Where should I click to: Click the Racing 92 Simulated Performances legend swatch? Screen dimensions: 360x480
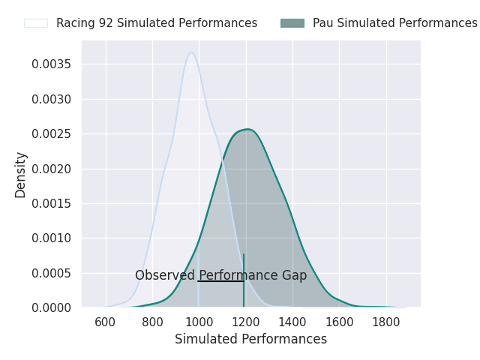pos(36,23)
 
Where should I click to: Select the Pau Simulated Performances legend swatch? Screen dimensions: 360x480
pos(292,23)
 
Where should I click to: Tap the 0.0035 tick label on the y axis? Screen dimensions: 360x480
pos(52,64)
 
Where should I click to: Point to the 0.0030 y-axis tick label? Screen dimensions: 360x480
pos(52,99)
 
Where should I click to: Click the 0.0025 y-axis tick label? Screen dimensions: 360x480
pos(52,134)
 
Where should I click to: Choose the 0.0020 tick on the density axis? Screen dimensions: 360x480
pos(52,169)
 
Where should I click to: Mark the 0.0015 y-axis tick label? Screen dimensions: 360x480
pos(52,203)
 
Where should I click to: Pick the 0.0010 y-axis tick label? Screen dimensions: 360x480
pos(52,238)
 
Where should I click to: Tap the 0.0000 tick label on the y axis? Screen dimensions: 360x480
pos(52,307)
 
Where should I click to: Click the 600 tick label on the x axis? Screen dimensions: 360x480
pos(106,322)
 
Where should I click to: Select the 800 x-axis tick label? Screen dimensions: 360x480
pos(152,322)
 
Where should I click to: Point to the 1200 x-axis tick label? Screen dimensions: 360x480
pos(246,322)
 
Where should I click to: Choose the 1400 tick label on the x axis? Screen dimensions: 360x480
pos(292,322)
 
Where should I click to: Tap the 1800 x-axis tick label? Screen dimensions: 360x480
pos(386,322)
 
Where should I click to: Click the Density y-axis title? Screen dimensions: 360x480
pos(21,175)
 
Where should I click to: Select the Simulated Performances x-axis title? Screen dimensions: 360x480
pos(250,339)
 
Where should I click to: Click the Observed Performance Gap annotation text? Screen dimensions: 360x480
pos(220,275)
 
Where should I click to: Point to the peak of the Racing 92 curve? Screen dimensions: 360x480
pos(191,52)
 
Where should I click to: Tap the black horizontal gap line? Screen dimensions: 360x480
pos(220,281)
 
